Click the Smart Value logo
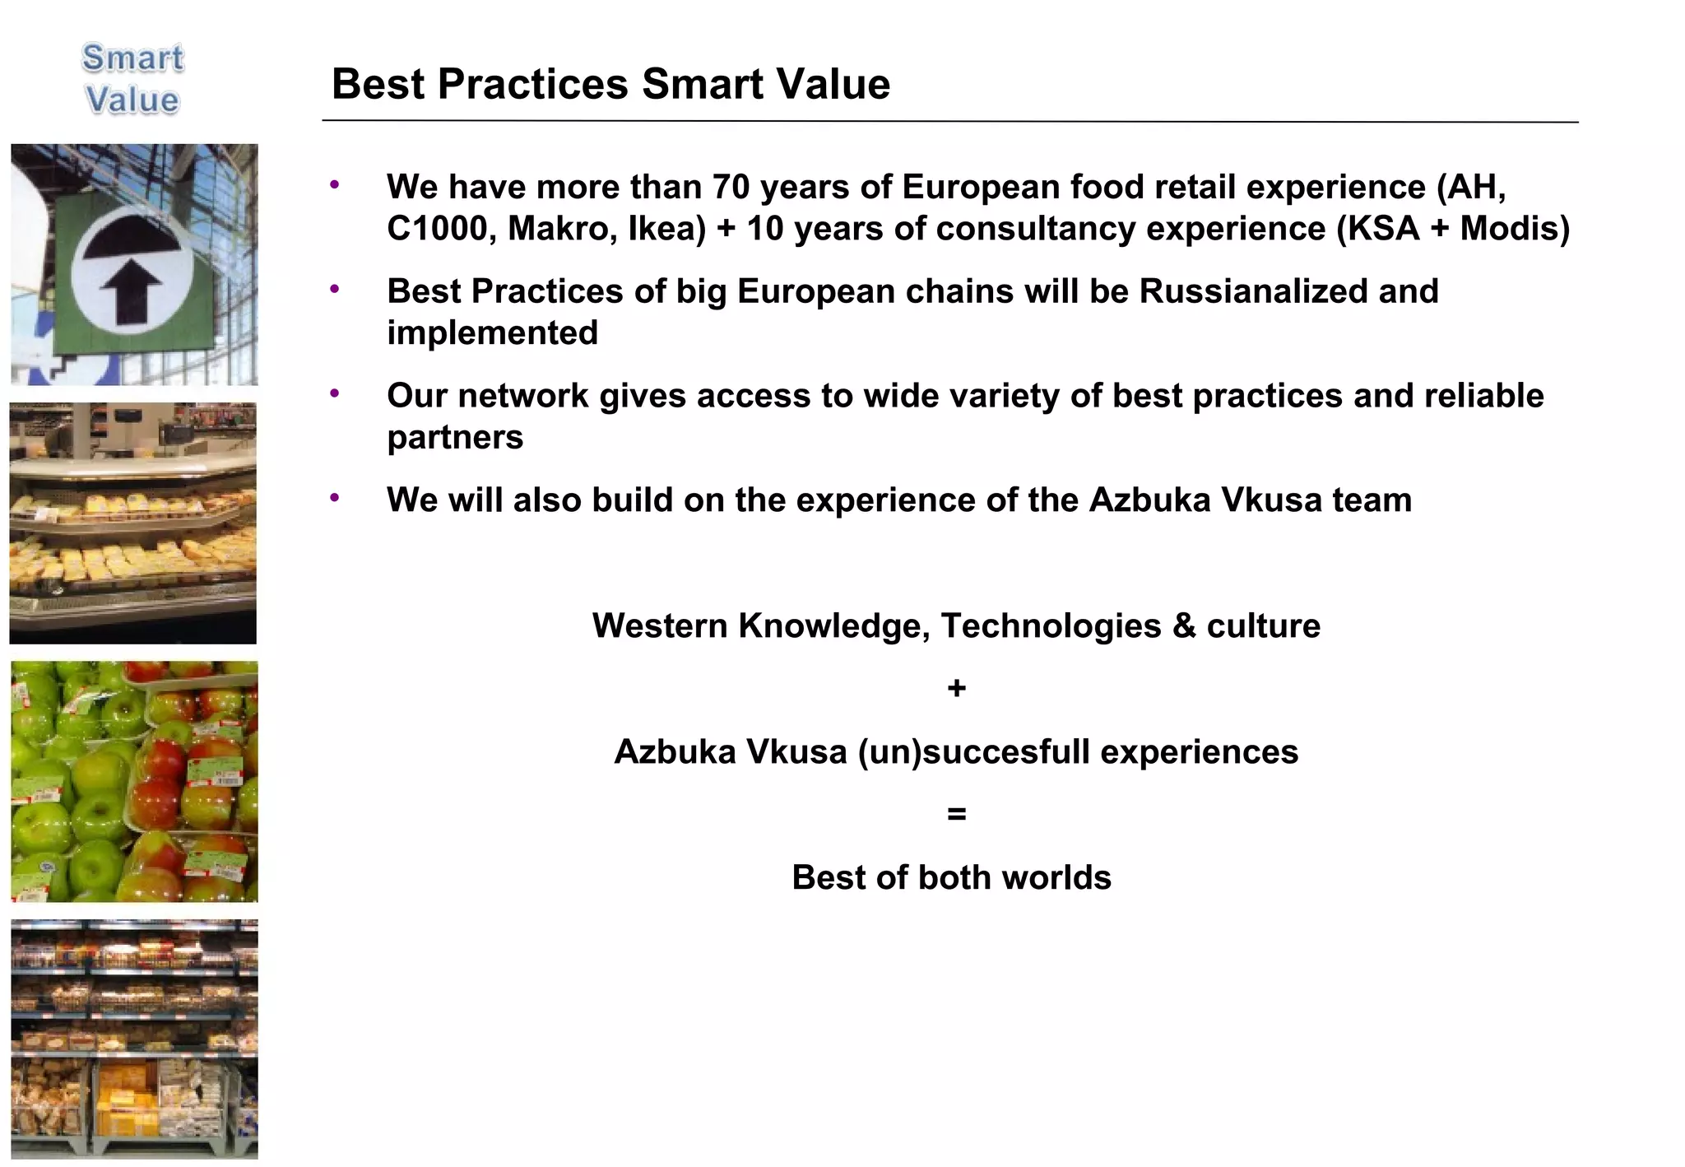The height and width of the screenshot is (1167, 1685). tap(132, 79)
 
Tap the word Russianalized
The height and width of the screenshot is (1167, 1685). tap(1253, 291)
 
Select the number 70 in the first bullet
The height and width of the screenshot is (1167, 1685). tap(731, 187)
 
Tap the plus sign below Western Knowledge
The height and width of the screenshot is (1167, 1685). tap(955, 688)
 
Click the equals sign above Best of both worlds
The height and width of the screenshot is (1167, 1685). tap(955, 814)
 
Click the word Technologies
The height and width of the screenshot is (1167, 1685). tap(1051, 626)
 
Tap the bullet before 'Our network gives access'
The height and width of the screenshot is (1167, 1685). tap(335, 394)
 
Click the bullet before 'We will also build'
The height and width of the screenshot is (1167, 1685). tap(335, 498)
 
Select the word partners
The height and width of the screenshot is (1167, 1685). tap(455, 438)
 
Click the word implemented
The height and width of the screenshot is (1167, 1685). tap(492, 333)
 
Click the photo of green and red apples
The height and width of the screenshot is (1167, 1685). tap(134, 781)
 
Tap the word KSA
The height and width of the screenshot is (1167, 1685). tap(1378, 229)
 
